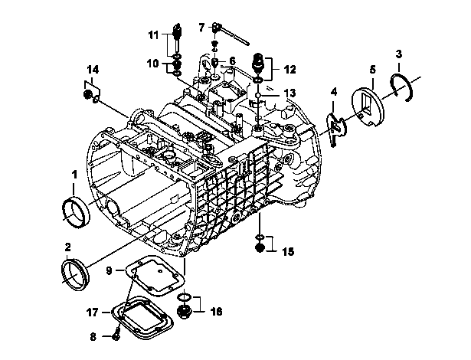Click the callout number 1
click(74, 175)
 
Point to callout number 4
click(334, 92)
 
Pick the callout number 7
click(201, 28)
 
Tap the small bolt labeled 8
click(116, 336)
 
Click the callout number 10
click(153, 64)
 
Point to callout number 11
click(153, 35)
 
